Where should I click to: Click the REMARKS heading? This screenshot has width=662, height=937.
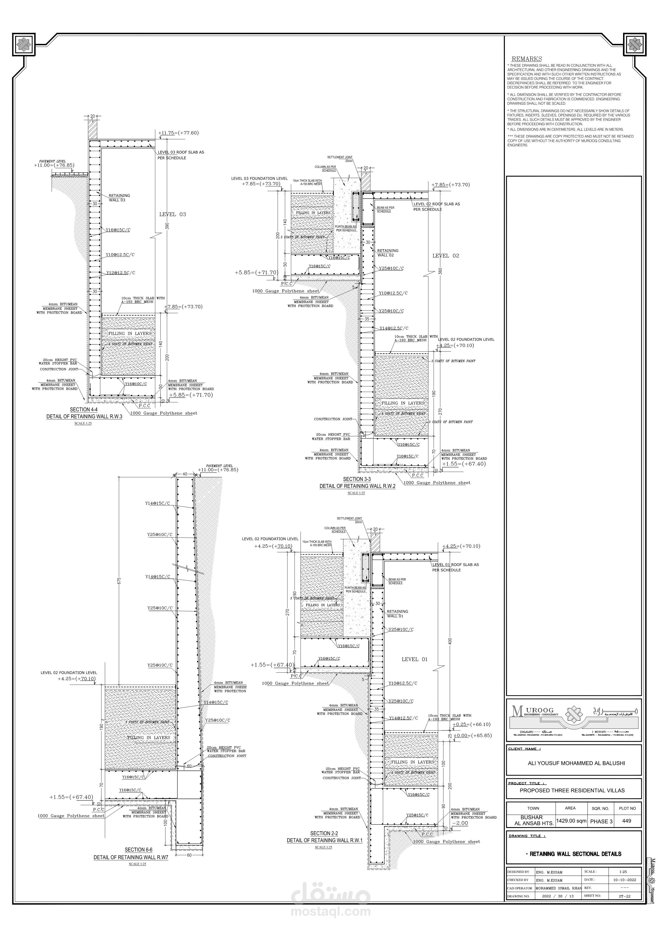[x=527, y=59]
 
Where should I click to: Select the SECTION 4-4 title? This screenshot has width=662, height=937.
[x=84, y=409]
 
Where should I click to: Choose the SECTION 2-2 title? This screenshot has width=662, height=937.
[x=324, y=833]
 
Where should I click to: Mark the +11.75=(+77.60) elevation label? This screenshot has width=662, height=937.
[x=178, y=133]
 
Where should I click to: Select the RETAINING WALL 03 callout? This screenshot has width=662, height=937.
[x=119, y=198]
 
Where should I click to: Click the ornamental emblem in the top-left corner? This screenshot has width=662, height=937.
[x=25, y=45]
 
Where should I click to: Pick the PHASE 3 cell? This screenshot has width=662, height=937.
[x=601, y=821]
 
